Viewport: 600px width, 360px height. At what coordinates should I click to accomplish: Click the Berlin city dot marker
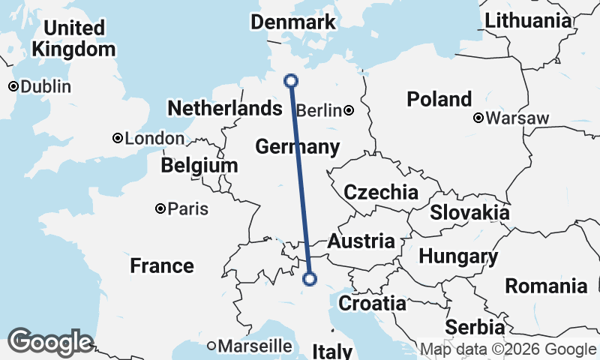349,111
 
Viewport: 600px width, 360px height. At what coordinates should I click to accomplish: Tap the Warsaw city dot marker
478,118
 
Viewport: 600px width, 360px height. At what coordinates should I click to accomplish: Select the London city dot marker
118,138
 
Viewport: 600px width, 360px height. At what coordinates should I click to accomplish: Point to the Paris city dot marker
160,208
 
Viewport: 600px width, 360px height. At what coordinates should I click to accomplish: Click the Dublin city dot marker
13,86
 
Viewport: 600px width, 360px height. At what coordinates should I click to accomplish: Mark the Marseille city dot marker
212,346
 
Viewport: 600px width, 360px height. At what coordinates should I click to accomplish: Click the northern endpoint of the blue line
292,81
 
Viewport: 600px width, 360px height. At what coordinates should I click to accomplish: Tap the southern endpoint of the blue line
309,280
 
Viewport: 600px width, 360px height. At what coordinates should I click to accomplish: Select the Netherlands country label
224,109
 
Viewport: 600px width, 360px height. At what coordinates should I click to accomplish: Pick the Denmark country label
292,22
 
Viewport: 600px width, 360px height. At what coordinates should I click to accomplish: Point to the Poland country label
439,99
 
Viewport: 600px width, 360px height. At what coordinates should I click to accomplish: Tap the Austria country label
361,241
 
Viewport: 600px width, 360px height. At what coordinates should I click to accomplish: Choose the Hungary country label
457,256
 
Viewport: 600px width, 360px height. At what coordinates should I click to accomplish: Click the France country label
161,265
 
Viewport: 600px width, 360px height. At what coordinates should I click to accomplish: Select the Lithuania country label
528,21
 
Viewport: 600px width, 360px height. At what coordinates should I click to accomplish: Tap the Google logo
50,342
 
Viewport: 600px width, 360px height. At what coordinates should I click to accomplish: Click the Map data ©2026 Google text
508,349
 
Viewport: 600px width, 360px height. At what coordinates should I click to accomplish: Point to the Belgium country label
199,165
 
